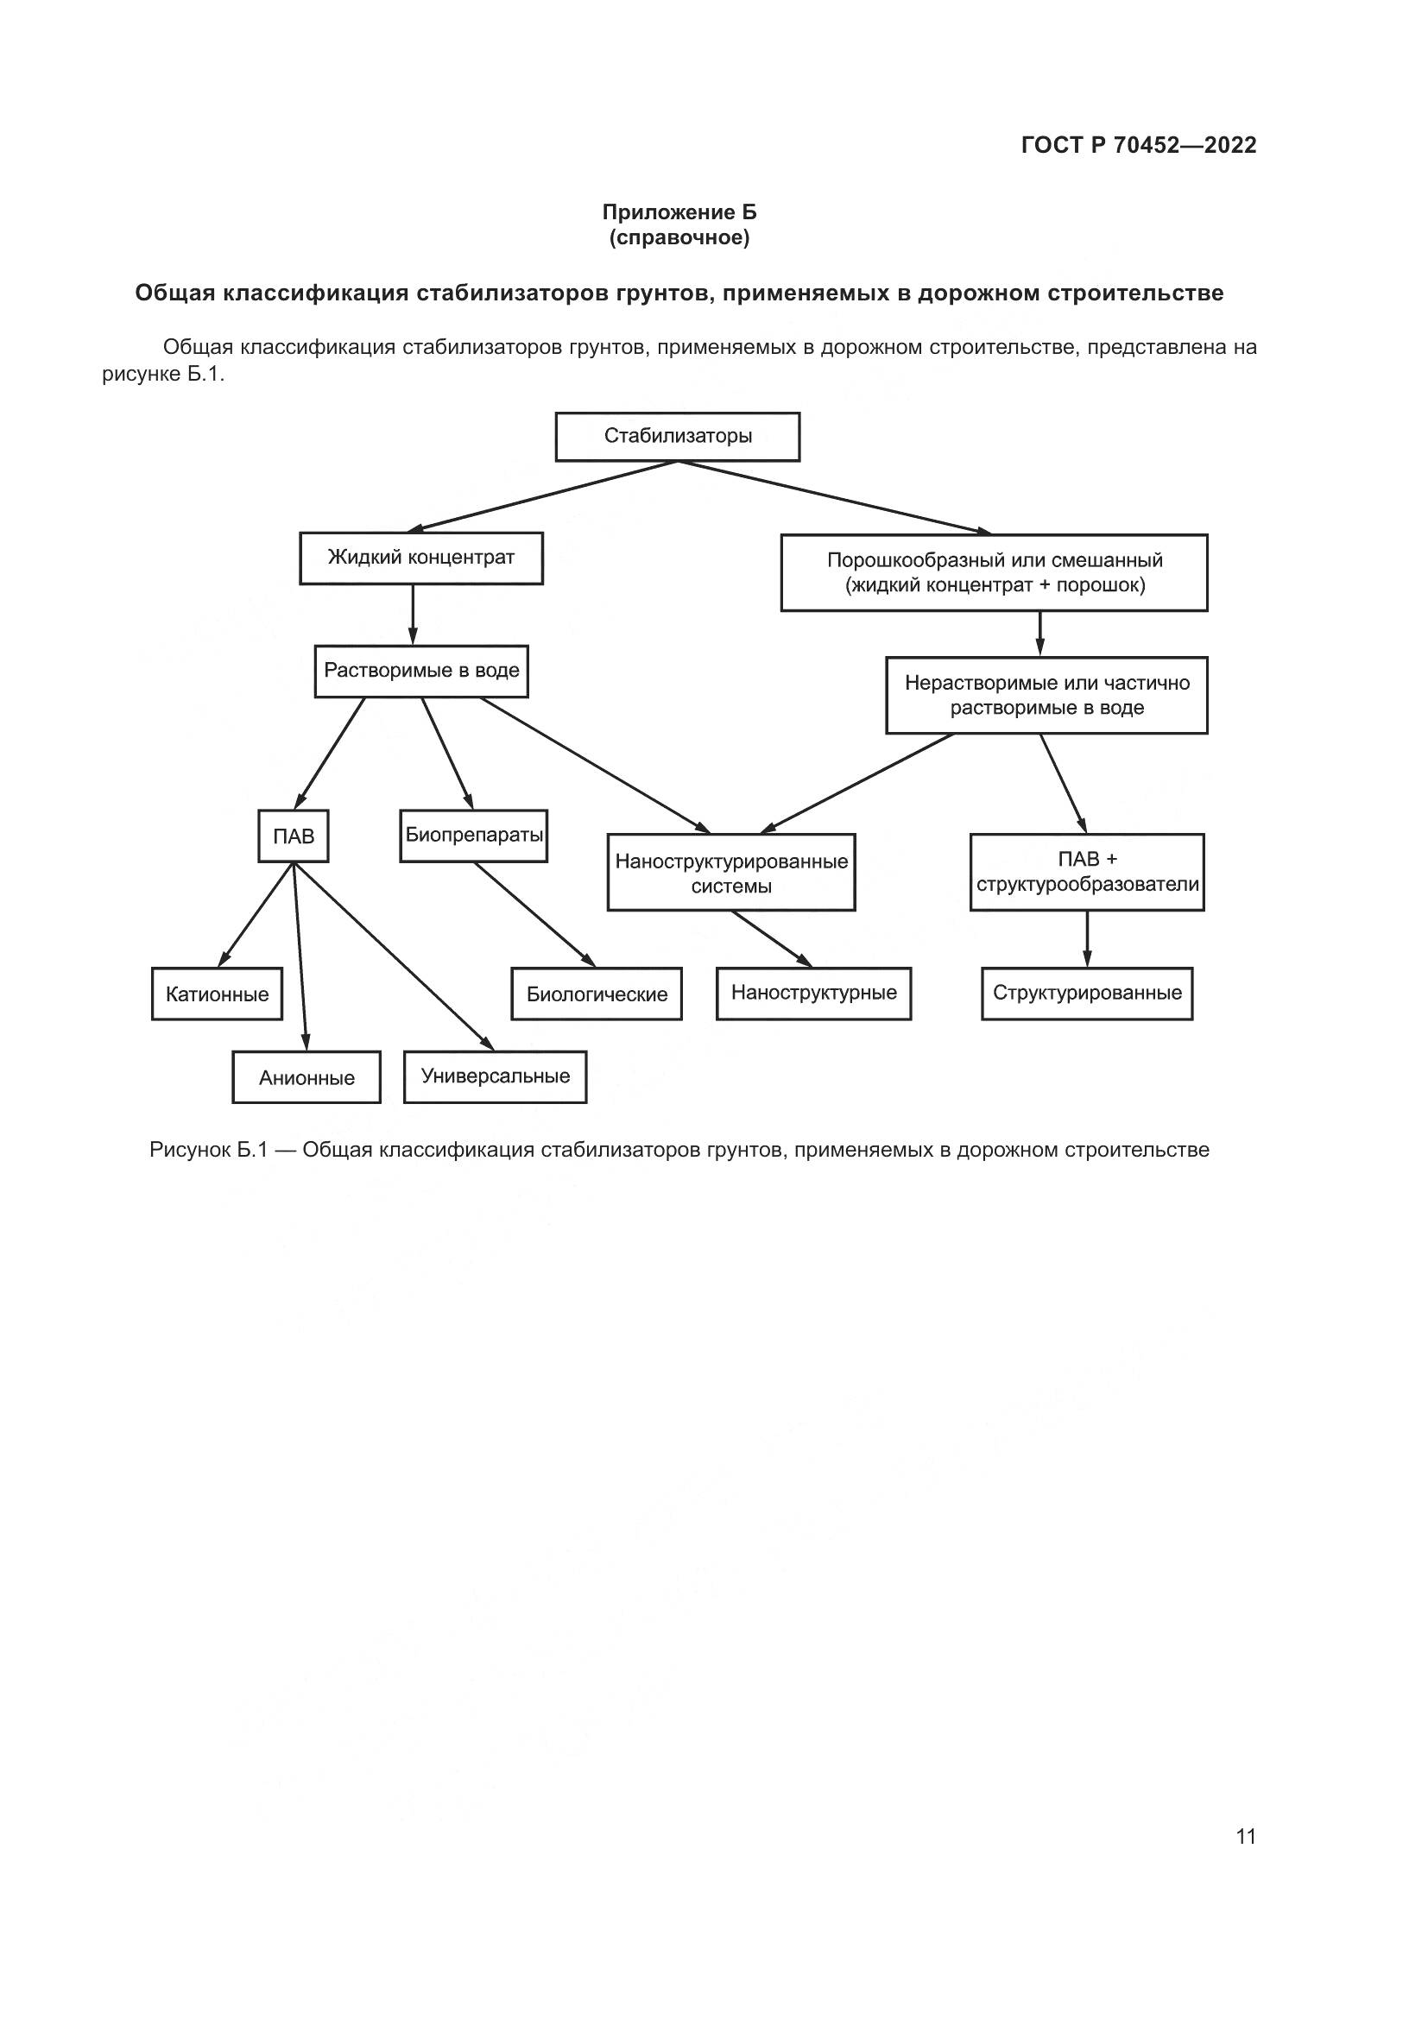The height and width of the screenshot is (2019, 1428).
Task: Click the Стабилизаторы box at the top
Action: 677,436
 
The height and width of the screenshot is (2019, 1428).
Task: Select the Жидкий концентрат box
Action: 420,558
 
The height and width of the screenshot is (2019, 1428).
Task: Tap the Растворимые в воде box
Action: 421,671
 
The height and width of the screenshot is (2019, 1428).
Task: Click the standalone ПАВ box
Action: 293,836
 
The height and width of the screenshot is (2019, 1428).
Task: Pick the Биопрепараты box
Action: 473,836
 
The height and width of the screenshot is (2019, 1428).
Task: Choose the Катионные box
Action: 217,994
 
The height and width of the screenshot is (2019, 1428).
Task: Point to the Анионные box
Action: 306,1077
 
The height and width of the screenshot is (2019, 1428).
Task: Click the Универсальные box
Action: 495,1076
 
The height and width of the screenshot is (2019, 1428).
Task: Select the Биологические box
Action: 597,994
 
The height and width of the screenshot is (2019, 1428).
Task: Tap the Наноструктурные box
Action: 813,994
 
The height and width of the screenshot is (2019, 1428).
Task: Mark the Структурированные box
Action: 1087,994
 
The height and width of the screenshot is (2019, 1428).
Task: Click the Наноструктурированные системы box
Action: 730,873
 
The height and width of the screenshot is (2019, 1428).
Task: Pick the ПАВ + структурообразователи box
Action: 1087,872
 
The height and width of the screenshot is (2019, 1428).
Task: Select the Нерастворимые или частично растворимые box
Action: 1046,695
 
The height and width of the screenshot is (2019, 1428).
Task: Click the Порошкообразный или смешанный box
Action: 994,572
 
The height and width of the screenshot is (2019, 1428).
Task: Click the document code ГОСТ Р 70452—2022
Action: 1139,146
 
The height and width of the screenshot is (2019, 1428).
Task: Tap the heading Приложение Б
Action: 679,213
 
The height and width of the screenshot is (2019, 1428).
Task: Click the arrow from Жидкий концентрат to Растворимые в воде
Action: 413,615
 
